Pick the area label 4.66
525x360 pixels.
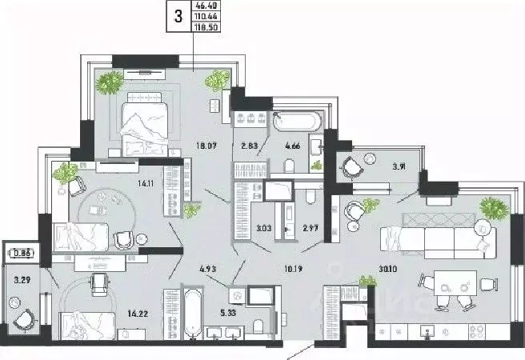(292, 146)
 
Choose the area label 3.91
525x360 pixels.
(399, 167)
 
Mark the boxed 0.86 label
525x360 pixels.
(21, 254)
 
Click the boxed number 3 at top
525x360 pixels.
(178, 14)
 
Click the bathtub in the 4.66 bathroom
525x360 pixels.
(298, 122)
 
